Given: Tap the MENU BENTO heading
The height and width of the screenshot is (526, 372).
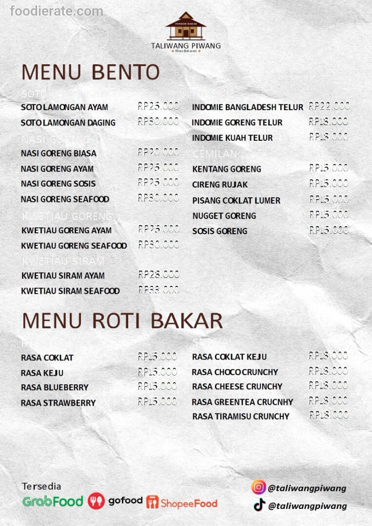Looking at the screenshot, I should pyautogui.click(x=91, y=72).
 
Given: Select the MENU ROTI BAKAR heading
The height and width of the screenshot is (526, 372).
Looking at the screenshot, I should pyautogui.click(x=122, y=321).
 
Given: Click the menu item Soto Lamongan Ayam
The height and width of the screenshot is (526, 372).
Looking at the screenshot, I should pyautogui.click(x=64, y=107).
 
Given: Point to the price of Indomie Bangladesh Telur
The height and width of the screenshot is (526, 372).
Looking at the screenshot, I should pyautogui.click(x=329, y=106).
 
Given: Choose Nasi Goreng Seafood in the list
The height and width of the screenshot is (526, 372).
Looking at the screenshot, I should pyautogui.click(x=65, y=199).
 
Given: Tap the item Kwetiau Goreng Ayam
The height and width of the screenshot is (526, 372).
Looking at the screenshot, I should pyautogui.click(x=66, y=230).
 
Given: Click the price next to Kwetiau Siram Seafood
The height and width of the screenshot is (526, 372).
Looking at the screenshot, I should pyautogui.click(x=158, y=290).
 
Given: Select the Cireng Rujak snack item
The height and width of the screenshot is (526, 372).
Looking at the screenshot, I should pyautogui.click(x=220, y=185).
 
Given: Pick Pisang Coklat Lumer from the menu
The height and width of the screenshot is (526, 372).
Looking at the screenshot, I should pyautogui.click(x=236, y=200).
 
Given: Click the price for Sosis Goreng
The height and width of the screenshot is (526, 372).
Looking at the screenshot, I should pyautogui.click(x=329, y=230).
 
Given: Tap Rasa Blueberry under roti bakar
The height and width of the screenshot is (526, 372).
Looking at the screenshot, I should pyautogui.click(x=55, y=387).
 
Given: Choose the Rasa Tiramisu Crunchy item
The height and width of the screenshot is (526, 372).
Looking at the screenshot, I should pyautogui.click(x=240, y=416).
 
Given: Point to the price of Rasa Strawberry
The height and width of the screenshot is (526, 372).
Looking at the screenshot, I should pyautogui.click(x=157, y=402).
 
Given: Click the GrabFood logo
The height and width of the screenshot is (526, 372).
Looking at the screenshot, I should pyautogui.click(x=53, y=501).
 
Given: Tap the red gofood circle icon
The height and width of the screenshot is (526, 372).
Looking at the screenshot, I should pyautogui.click(x=96, y=501).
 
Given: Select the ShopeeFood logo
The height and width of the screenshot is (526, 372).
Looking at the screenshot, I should pyautogui.click(x=181, y=502).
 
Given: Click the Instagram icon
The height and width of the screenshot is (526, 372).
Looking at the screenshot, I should pyautogui.click(x=258, y=488).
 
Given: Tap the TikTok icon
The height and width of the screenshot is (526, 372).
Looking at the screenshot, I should pyautogui.click(x=259, y=505).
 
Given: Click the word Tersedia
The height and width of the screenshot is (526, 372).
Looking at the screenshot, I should pyautogui.click(x=41, y=486).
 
